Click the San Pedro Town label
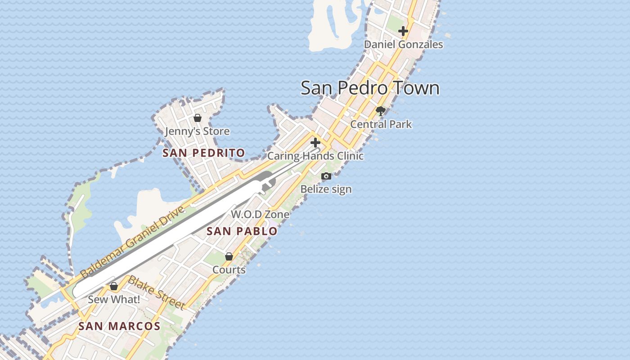pyautogui.click(x=370, y=88)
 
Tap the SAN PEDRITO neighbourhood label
pyautogui.click(x=204, y=153)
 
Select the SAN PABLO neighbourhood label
pyautogui.click(x=242, y=232)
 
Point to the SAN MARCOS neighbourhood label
pyautogui.click(x=119, y=326)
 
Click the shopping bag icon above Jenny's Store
pyautogui.click(x=197, y=118)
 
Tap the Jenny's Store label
pyautogui.click(x=197, y=131)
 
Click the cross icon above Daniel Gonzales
pyautogui.click(x=403, y=31)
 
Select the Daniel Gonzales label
pyautogui.click(x=403, y=45)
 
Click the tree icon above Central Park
pyautogui.click(x=381, y=111)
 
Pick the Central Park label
pyautogui.click(x=381, y=124)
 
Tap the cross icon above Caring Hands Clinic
pyautogui.click(x=315, y=143)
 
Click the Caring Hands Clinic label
pyautogui.click(x=315, y=156)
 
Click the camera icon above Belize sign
pyautogui.click(x=326, y=176)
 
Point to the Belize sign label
pyautogui.click(x=326, y=189)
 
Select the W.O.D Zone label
pyautogui.click(x=260, y=215)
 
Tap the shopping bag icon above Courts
pyautogui.click(x=229, y=256)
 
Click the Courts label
pyautogui.click(x=229, y=270)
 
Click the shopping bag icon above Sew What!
pyautogui.click(x=114, y=286)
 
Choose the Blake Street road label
pyautogui.click(x=157, y=293)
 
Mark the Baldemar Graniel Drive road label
pyautogui.click(x=133, y=242)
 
